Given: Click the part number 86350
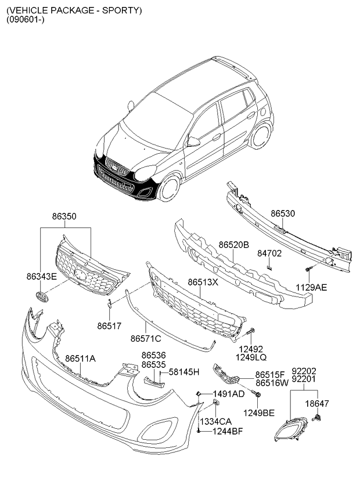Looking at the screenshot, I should point(64,216).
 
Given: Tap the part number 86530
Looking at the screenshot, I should point(283,214).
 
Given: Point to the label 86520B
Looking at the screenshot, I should point(233,245).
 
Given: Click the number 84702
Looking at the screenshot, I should point(269,254).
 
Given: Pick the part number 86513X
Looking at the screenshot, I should point(203,282).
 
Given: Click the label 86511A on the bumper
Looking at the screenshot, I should point(80,358).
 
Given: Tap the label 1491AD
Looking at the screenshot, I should point(228,394).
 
